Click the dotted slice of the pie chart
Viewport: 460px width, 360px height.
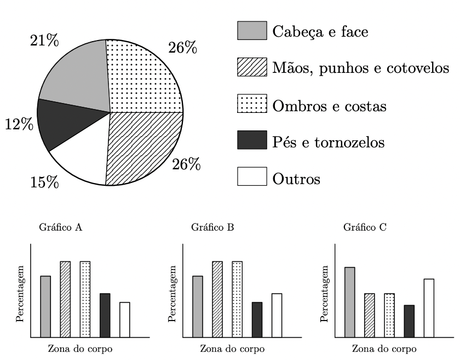tap(142, 79)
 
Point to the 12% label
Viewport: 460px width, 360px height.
tap(19, 124)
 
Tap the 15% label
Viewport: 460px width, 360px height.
tap(44, 182)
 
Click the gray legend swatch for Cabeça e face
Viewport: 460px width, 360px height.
tap(252, 31)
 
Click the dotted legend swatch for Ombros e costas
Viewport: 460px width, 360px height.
tap(252, 105)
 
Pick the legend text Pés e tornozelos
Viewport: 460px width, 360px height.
tap(328, 142)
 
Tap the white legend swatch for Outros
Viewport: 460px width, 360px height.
tap(252, 178)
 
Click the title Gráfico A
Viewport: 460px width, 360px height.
tap(61, 227)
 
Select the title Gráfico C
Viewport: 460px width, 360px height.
tap(365, 227)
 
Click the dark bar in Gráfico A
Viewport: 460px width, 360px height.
tap(105, 315)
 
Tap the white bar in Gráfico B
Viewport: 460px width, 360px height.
tap(277, 315)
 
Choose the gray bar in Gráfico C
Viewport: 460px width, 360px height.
tap(349, 302)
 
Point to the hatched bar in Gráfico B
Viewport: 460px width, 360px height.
tap(217, 299)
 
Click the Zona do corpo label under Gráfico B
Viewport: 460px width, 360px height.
tap(232, 348)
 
